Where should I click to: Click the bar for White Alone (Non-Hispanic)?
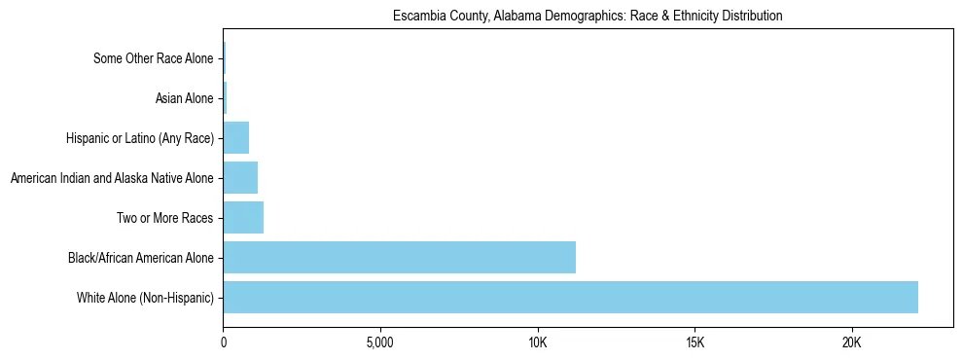click(x=570, y=298)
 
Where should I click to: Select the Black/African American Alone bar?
click(x=399, y=258)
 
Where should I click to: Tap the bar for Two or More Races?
click(x=243, y=218)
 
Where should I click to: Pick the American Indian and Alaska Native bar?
click(x=240, y=178)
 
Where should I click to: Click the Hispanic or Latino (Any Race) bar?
click(x=236, y=138)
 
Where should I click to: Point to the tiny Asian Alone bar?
click(x=225, y=98)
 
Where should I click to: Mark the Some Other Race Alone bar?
click(x=224, y=58)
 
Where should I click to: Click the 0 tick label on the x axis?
click(x=224, y=343)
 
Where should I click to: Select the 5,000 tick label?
click(x=380, y=343)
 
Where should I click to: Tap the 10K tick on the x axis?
click(x=538, y=343)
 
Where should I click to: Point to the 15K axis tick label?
click(x=695, y=343)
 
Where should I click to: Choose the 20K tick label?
click(x=852, y=343)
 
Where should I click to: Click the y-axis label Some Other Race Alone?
click(x=153, y=58)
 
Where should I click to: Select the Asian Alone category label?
click(x=184, y=98)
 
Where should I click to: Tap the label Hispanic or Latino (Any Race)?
click(x=140, y=138)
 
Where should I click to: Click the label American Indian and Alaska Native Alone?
click(x=111, y=178)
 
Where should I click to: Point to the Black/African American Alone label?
click(x=140, y=258)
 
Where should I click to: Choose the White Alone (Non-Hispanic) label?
click(x=145, y=298)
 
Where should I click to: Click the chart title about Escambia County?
click(x=588, y=17)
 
